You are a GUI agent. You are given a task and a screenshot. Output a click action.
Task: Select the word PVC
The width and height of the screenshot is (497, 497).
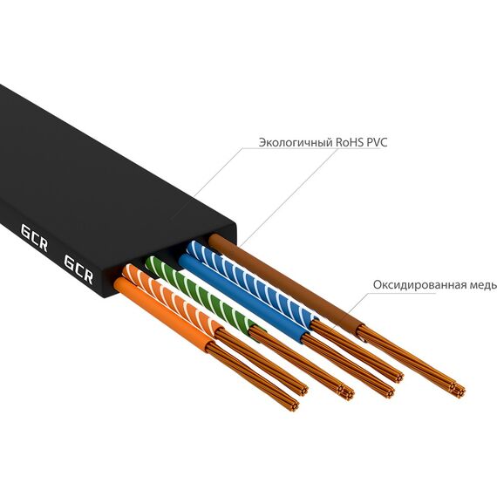click(377, 143)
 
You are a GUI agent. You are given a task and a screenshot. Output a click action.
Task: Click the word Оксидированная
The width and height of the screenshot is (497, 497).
click(418, 284)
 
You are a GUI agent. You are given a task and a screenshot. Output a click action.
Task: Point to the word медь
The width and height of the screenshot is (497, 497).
click(481, 285)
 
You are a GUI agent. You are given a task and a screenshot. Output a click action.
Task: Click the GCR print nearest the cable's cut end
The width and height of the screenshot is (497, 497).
click(78, 269)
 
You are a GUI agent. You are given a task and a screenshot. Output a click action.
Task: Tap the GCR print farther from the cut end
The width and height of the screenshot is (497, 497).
click(34, 238)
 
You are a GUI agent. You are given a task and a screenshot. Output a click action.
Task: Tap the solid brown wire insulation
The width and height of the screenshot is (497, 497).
click(285, 283)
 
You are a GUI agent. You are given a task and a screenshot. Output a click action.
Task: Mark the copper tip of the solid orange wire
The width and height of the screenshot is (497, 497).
click(294, 405)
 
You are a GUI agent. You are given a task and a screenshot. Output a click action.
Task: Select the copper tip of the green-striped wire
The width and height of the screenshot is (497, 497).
click(346, 392)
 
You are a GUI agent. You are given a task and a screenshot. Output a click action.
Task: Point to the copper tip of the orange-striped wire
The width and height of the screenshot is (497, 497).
click(303, 390)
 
